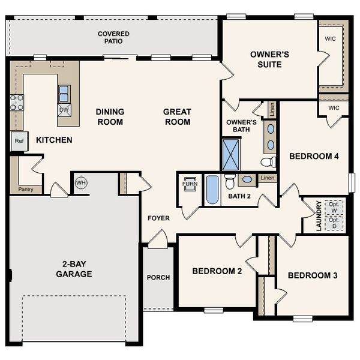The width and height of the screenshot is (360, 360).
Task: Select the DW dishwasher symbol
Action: click(64, 109)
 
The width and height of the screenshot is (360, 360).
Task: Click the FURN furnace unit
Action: click(190, 184)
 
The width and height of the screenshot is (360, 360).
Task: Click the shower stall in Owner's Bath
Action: click(231, 154)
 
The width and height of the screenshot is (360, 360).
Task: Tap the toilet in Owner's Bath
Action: click(268, 161)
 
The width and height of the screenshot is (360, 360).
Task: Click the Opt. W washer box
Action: click(334, 208)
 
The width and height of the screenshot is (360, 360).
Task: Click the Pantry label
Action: click(25, 189)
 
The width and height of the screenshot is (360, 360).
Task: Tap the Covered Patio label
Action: click(114, 37)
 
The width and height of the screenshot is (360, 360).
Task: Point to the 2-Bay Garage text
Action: click(74, 269)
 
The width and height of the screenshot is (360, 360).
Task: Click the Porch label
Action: click(158, 277)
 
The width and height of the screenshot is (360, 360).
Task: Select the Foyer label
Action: click(158, 218)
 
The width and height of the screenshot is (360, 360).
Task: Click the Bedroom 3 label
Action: click(312, 275)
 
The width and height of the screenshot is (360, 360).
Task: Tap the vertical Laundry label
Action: click(319, 216)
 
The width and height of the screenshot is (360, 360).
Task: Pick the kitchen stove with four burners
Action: click(16, 103)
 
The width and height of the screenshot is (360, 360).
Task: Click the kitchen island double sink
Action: click(64, 92)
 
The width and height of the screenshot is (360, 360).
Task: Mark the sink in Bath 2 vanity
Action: click(247, 179)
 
